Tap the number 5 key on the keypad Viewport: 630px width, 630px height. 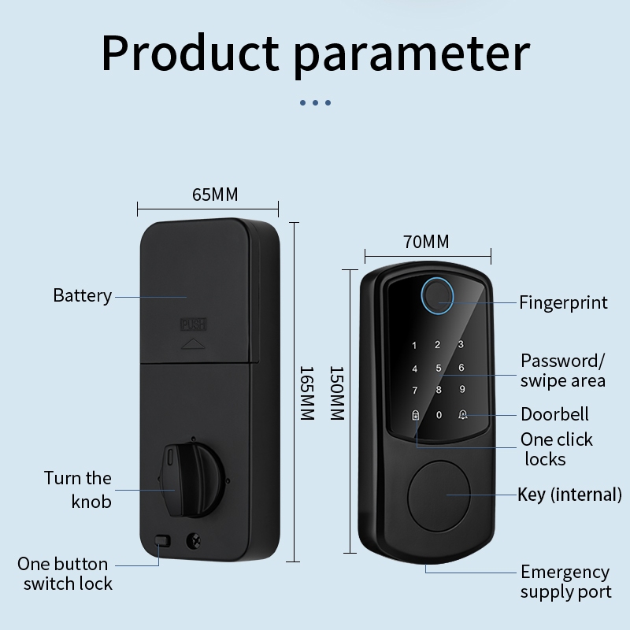pyautogui.click(x=439, y=368)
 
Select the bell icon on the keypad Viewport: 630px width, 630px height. pyautogui.click(x=462, y=413)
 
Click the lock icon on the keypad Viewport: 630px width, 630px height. pyautogui.click(x=415, y=414)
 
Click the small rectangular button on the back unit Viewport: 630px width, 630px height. pyautogui.click(x=164, y=541)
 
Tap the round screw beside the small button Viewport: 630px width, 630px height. pyautogui.click(x=191, y=541)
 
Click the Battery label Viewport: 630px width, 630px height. pyautogui.click(x=82, y=296)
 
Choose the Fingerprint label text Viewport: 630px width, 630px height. pyautogui.click(x=563, y=302)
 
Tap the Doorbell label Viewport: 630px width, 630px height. pyautogui.click(x=554, y=414)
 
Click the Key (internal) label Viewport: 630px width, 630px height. pyautogui.click(x=569, y=495)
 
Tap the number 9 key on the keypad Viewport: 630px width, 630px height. pyautogui.click(x=462, y=390)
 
